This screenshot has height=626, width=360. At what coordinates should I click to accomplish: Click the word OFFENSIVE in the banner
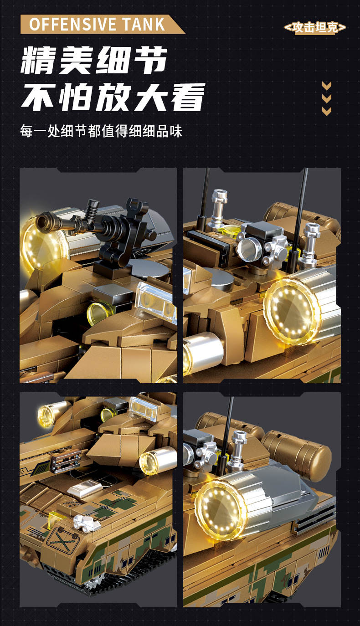point(72,24)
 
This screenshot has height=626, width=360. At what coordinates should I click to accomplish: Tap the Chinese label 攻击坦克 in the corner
point(315,27)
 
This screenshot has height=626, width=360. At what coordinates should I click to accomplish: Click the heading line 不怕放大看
point(113,97)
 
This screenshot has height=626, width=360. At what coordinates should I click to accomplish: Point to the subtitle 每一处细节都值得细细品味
point(101,131)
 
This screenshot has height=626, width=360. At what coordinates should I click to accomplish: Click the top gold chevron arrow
point(327,85)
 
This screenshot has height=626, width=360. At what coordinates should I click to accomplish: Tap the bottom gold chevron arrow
point(327,111)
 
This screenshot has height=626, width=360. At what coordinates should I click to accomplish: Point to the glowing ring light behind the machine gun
point(42,246)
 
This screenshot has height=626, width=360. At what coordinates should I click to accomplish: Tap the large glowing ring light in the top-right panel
point(292,310)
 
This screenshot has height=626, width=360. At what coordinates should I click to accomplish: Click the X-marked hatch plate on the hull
point(62,540)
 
